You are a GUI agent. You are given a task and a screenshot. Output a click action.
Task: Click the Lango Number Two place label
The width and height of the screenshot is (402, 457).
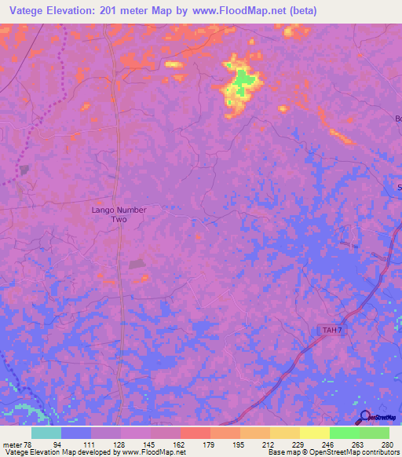[119, 215]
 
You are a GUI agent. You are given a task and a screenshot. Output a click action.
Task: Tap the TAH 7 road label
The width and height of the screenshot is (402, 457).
[331, 330]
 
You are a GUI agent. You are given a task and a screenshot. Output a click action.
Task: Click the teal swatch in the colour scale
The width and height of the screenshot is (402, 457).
[46, 433]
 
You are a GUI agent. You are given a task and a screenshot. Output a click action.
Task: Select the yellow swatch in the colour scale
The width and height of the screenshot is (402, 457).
[314, 433]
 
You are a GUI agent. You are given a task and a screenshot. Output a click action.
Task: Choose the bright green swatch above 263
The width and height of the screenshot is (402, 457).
[344, 433]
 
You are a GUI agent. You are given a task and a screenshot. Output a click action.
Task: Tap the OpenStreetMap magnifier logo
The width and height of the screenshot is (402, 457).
[364, 417]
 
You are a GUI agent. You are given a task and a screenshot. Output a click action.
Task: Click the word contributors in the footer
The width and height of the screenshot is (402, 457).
[380, 452]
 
